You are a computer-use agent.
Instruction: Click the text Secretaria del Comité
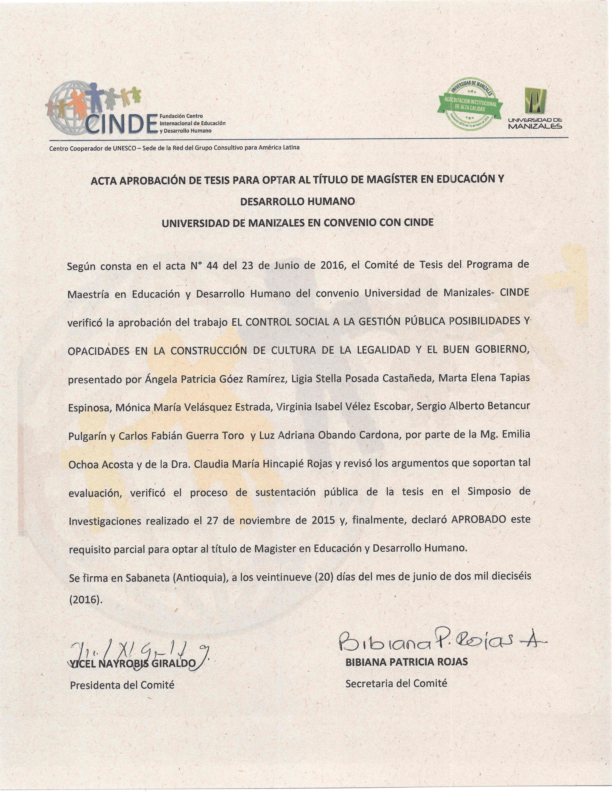[396, 684]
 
